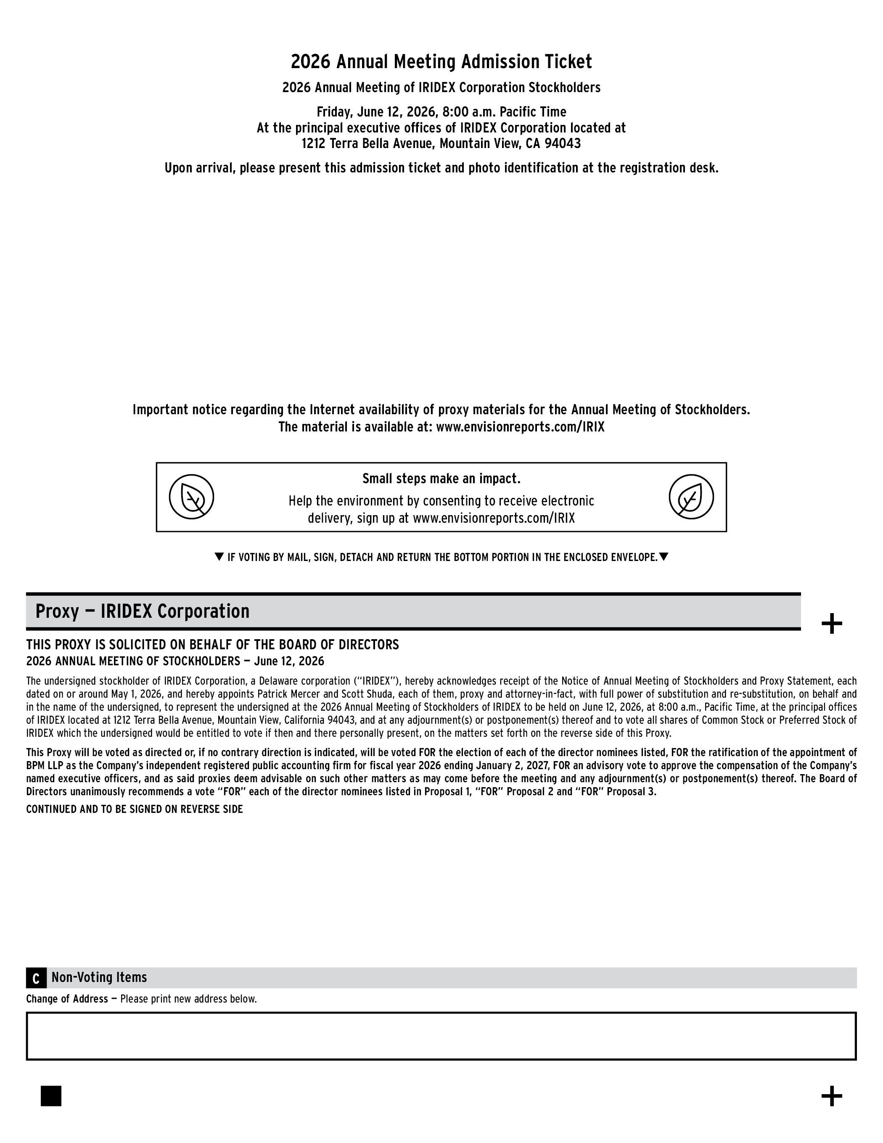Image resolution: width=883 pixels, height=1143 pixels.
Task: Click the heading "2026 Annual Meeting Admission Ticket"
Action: (441, 62)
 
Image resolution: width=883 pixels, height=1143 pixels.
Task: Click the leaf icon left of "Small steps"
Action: (191, 497)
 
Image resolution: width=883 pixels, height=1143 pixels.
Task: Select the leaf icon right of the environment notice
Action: (691, 497)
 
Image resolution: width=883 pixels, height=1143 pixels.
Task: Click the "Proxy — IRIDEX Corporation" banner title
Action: (143, 611)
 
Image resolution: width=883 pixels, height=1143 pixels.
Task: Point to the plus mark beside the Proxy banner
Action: (832, 624)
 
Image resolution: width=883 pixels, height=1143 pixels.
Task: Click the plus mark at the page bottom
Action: (832, 1096)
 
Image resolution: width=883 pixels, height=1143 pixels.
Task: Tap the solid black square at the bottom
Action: (51, 1096)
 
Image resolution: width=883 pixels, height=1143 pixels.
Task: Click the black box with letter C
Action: (36, 978)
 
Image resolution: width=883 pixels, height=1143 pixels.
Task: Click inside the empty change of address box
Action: (441, 1036)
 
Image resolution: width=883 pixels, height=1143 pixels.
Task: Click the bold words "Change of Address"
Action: (67, 999)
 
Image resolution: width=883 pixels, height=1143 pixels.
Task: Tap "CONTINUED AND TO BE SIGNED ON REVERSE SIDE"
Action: (135, 810)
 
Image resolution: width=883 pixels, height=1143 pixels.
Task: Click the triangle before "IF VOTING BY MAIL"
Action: (219, 557)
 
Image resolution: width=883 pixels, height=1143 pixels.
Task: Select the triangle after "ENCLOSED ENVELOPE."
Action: (664, 557)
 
